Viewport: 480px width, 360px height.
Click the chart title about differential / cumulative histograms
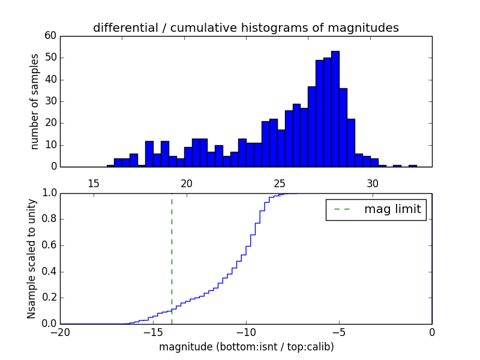[x=245, y=28]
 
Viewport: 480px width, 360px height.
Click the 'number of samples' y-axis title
[x=35, y=101]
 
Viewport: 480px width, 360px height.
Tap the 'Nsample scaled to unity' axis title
[x=31, y=258]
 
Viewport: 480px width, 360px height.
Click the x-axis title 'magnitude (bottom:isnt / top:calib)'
[x=246, y=347]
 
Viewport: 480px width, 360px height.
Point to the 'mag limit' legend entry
[x=376, y=209]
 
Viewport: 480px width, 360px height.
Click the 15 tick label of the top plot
[x=93, y=183]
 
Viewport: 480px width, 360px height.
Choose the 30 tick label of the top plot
[x=373, y=183]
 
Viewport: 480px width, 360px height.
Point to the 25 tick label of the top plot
[x=280, y=183]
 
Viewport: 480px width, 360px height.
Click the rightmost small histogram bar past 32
[x=413, y=166]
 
